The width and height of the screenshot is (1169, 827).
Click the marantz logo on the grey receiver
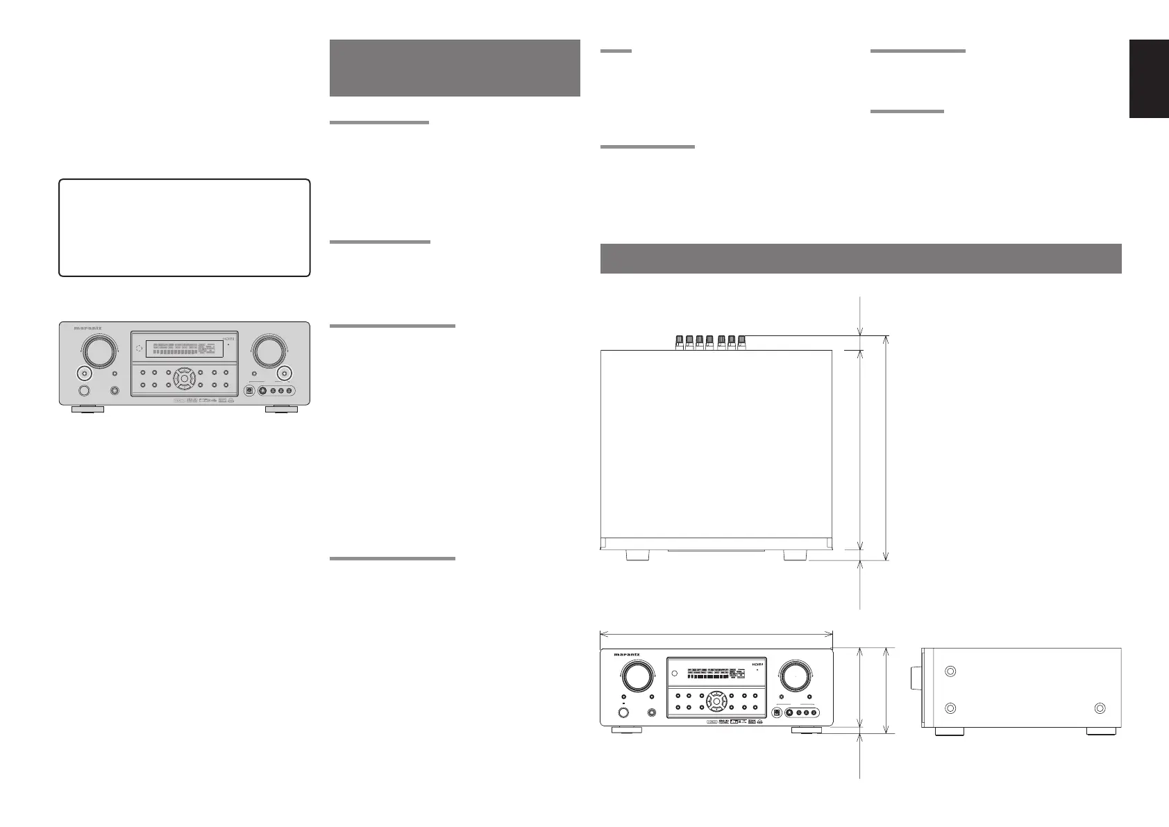coord(88,327)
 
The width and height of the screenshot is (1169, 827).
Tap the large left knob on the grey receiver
coord(98,352)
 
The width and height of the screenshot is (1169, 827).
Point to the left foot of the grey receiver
coord(87,410)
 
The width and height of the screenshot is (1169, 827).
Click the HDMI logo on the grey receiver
coord(230,339)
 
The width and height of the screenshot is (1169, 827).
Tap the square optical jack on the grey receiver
coord(248,390)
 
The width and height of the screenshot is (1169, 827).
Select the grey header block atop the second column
coord(455,67)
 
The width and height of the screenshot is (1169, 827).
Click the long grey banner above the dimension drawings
coord(860,258)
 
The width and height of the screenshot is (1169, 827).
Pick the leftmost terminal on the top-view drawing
coord(680,341)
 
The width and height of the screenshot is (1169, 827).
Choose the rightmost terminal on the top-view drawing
coord(741,341)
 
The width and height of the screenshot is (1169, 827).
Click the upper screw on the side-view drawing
coord(950,671)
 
